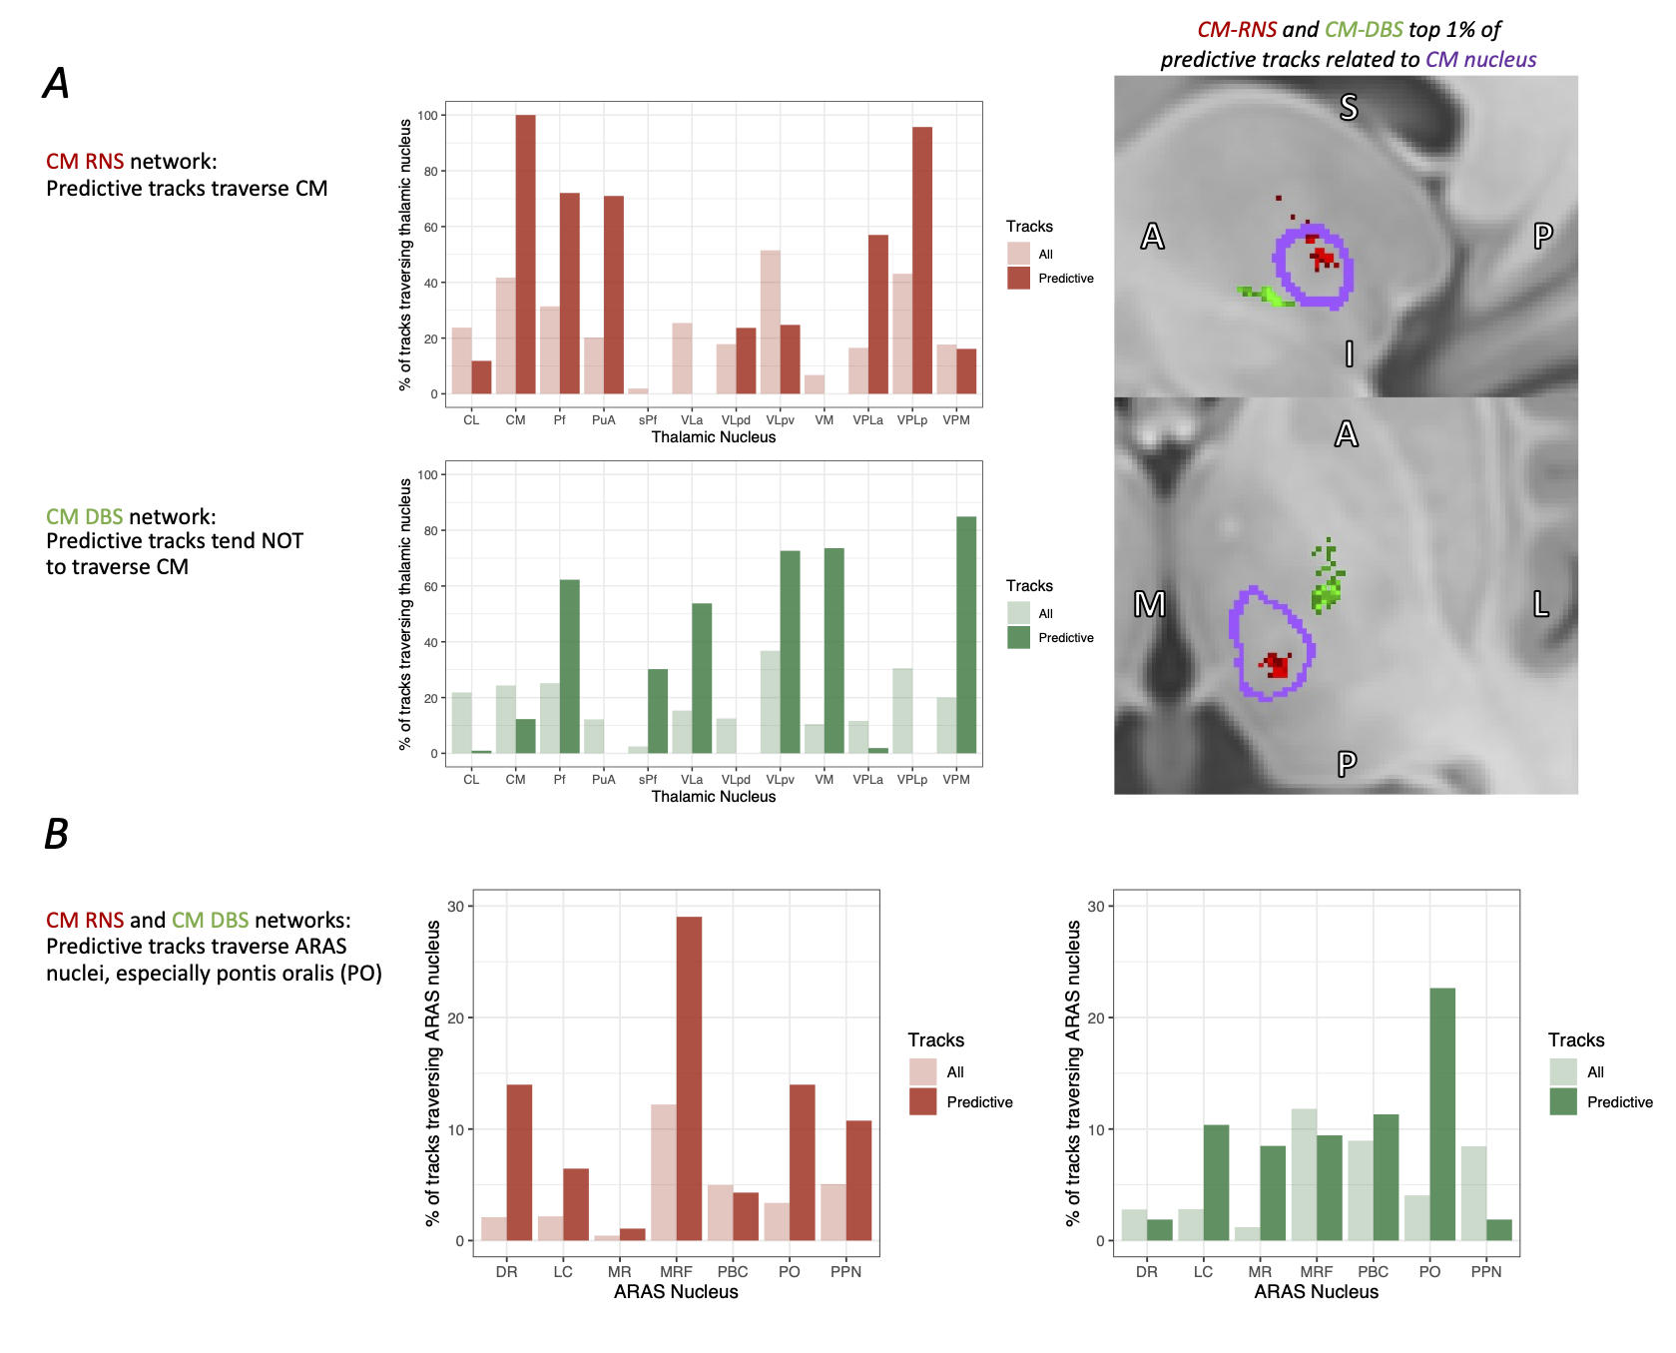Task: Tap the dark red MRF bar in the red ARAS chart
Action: click(689, 1078)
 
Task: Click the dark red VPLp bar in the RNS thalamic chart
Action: click(922, 261)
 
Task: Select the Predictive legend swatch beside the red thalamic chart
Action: click(1018, 279)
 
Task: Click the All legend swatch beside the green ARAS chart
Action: click(1562, 1072)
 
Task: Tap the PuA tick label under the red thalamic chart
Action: click(603, 420)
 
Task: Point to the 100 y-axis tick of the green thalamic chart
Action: click(428, 475)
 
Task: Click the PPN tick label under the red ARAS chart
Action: click(845, 1272)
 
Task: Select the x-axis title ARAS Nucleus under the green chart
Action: click(1316, 1292)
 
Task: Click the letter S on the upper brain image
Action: click(1349, 107)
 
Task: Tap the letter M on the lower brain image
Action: click(1150, 604)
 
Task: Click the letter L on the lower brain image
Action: click(1541, 604)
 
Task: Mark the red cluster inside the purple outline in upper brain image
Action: click(1323, 258)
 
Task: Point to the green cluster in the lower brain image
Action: click(1327, 589)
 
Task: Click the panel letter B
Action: click(57, 834)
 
